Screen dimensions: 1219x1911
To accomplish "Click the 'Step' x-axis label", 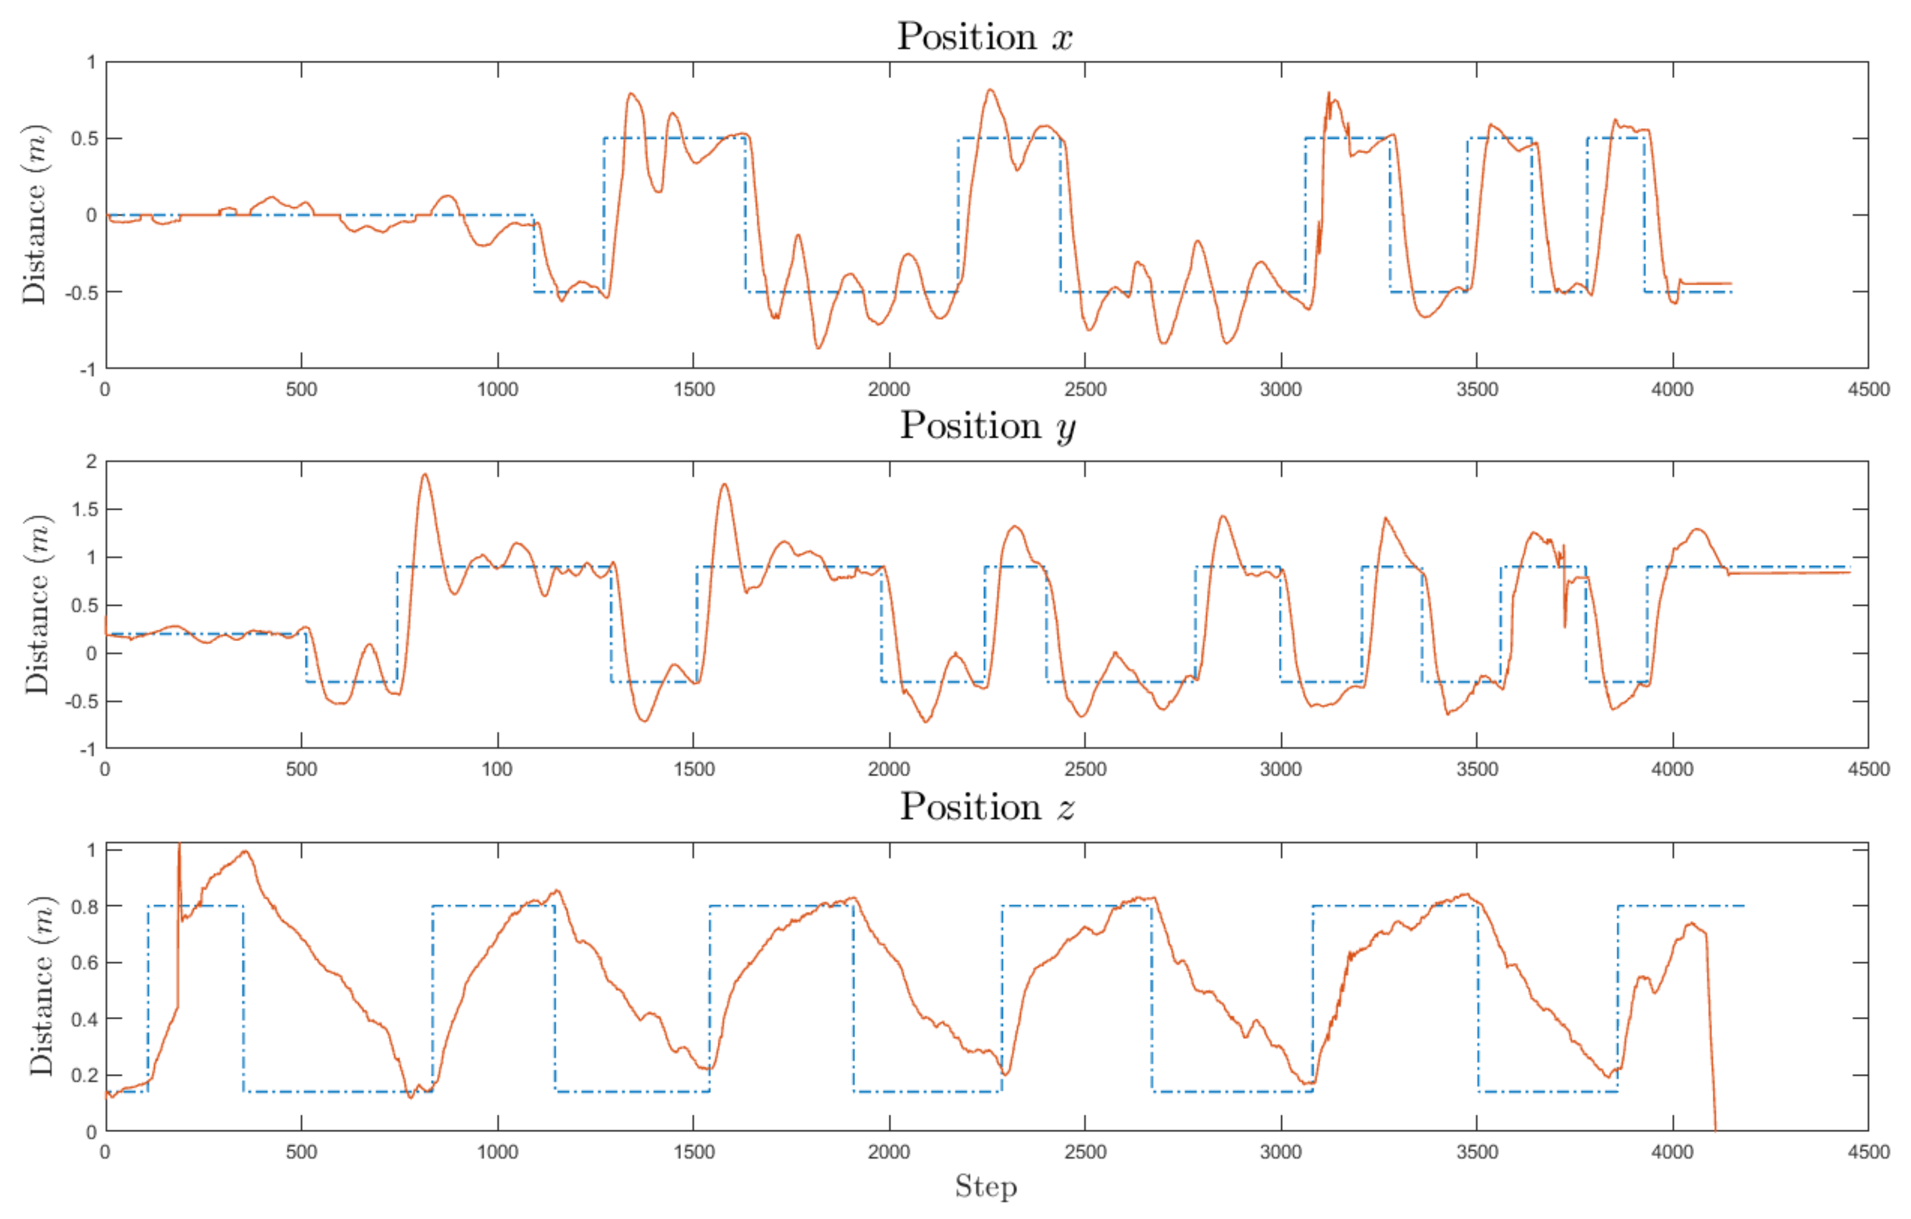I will point(986,1187).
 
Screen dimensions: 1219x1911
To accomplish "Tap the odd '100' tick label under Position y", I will point(497,769).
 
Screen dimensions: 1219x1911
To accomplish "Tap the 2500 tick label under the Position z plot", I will point(1085,1152).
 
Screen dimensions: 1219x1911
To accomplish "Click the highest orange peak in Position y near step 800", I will point(425,475).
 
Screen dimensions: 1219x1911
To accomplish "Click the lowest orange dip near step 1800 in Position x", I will point(818,348).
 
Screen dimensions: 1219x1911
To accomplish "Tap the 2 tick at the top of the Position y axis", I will point(91,461).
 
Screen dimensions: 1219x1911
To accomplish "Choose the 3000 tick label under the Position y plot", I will point(1281,769).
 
